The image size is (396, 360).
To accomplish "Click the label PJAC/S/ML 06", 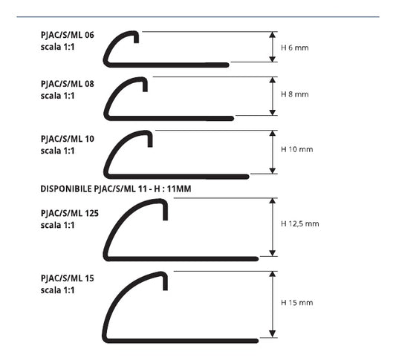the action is pos(67,35).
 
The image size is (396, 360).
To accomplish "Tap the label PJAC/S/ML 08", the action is pos(67,84).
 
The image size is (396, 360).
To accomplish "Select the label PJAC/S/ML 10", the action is pos(67,139).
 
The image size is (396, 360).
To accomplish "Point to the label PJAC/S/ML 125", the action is pos(69,213).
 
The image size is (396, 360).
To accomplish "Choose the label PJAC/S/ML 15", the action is pos(67,278).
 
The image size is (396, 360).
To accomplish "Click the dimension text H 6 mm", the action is pos(294,48).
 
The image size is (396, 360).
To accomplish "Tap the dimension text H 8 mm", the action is pos(294,94).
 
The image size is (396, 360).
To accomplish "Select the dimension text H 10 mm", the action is pos(296,149).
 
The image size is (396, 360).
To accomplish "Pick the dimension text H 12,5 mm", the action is pos(299,223).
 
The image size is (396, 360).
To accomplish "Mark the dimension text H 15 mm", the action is pos(296,303).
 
